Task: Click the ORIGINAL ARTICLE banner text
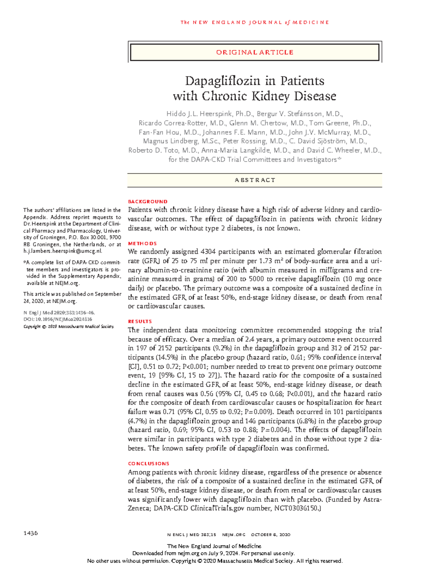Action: (x=255, y=53)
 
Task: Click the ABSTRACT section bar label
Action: (x=255, y=180)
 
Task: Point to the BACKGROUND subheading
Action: (x=148, y=202)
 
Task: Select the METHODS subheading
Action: (x=142, y=244)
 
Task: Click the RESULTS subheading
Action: (x=140, y=322)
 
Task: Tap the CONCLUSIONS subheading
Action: (x=148, y=464)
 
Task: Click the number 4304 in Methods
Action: (x=208, y=252)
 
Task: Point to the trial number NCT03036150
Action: (x=297, y=508)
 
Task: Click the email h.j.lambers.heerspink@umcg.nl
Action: (x=63, y=251)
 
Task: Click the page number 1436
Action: (x=30, y=533)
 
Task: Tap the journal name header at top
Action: (x=255, y=23)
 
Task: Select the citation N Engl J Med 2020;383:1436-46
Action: (x=59, y=313)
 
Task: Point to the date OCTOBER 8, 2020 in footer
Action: (x=270, y=535)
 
